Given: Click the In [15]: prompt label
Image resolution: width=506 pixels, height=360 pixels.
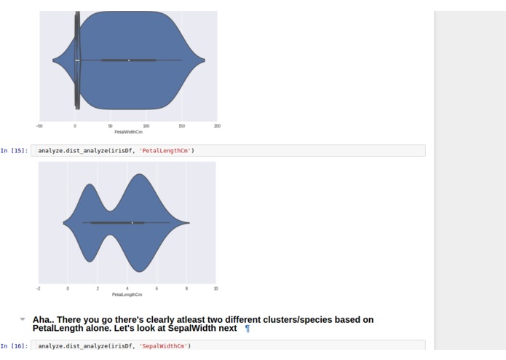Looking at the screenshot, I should pos(15,151).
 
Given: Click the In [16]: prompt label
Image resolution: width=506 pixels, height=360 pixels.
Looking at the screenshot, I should pos(15,346).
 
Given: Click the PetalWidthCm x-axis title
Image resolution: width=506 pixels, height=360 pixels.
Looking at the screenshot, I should pos(129,132).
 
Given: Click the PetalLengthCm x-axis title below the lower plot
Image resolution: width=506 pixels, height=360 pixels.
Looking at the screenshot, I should pos(127,294).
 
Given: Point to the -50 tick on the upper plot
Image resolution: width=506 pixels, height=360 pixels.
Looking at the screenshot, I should pos(39,126).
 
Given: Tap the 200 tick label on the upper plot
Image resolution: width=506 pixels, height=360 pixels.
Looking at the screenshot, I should pos(217,126).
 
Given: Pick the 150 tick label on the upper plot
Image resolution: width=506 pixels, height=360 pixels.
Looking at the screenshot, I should pos(181,126).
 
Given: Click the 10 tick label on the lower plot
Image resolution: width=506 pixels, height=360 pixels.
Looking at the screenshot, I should pos(216,289).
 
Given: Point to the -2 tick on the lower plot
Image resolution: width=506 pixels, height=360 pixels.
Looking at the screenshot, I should pos(38,289).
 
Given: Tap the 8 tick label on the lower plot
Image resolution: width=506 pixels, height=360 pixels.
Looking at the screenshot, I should pos(186,289).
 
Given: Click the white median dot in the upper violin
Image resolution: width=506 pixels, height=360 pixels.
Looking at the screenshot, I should pos(128,60).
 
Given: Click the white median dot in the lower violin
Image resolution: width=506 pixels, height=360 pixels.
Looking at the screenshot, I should pos(132,222).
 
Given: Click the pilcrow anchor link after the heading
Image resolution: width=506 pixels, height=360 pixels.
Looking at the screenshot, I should pos(248,329).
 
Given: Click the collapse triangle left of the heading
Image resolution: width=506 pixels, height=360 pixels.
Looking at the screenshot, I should pos(23,319).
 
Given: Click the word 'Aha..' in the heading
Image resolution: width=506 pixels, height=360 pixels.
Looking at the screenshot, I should pos(44,320).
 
